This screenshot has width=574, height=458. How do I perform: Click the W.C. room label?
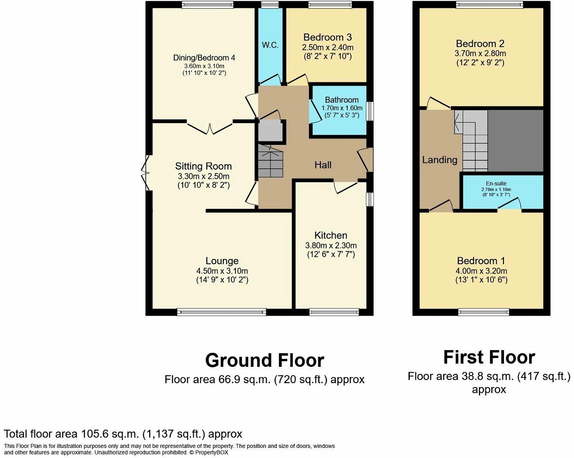point(270,45)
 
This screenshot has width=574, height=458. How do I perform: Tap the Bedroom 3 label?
point(327,37)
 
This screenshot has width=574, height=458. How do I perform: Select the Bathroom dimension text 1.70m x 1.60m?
point(342,108)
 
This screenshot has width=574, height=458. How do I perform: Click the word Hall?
point(323,165)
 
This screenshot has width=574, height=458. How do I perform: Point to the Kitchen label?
point(331,235)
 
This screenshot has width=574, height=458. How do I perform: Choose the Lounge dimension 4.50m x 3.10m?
point(222,271)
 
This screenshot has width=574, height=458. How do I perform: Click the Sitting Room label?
point(203,166)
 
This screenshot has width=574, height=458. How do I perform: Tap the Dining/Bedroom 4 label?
point(204,58)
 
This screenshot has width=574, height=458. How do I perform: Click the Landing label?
point(440,160)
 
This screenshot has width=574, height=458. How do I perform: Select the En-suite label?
point(496,183)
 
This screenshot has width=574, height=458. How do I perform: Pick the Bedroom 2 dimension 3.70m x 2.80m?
point(480,53)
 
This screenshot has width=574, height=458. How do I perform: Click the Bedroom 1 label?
point(481,261)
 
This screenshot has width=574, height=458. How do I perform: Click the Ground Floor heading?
point(265,360)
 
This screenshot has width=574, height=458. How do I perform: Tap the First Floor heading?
point(489,357)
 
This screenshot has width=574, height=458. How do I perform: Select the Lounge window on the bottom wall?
point(222,312)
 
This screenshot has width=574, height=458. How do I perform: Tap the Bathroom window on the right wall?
point(370,111)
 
